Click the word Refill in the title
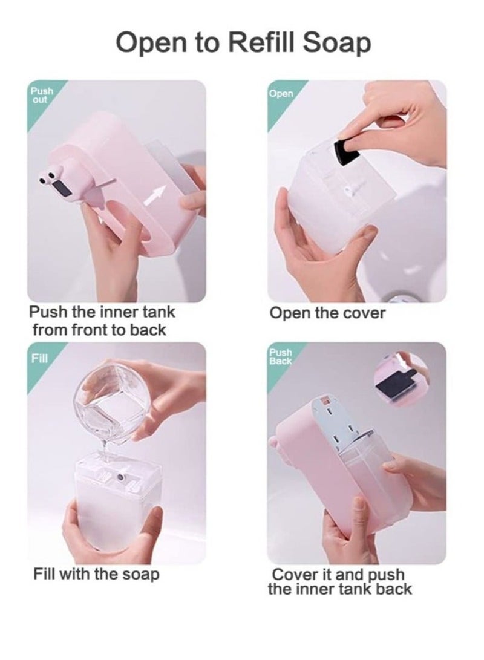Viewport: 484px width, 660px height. point(255,44)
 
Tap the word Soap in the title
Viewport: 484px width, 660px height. point(336,44)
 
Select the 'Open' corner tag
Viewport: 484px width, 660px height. point(281,94)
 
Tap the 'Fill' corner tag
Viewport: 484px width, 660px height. point(38,358)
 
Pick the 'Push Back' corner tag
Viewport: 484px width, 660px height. point(281,356)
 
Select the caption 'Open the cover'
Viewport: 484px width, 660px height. point(327,313)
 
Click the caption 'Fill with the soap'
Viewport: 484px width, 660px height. point(96,573)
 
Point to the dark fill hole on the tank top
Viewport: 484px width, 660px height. point(123,478)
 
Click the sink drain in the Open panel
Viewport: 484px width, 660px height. point(399,297)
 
